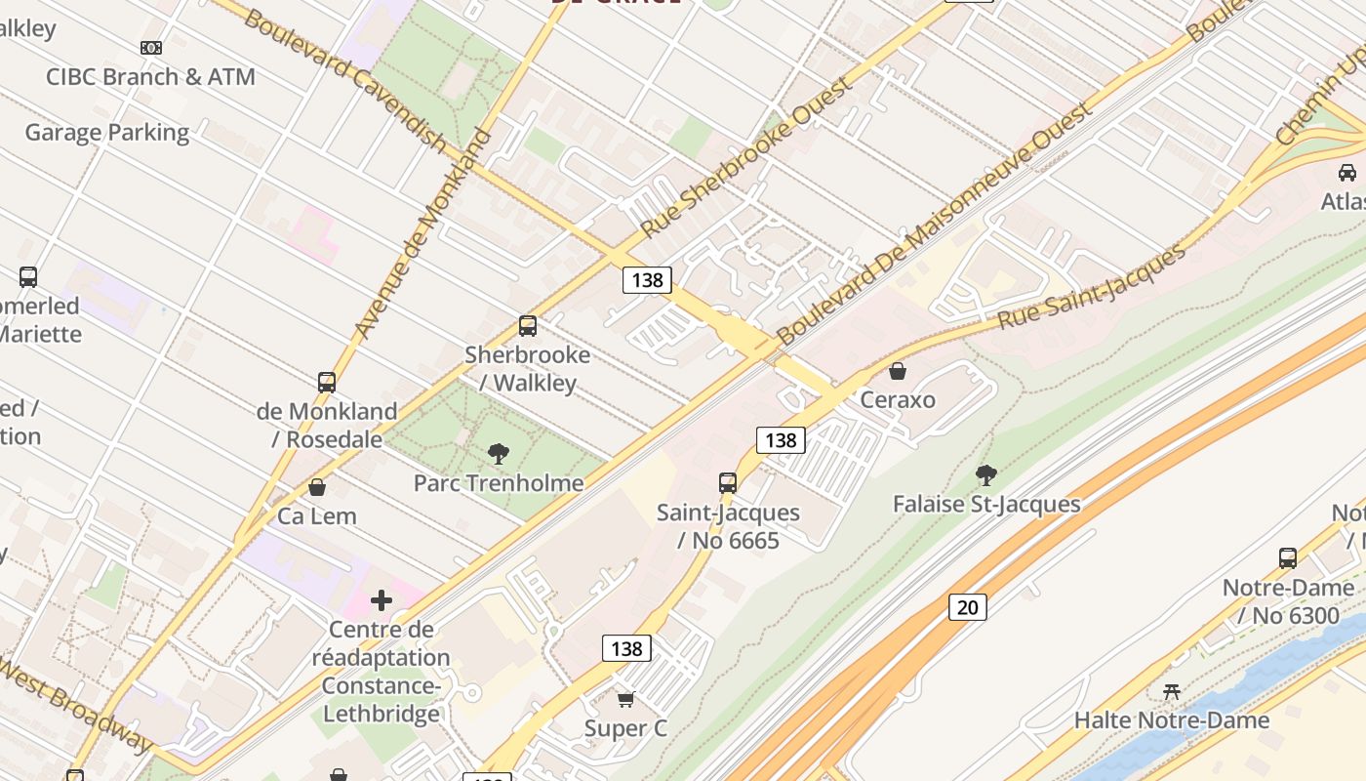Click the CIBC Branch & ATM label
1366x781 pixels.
pos(150,77)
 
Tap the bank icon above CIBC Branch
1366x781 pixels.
pos(151,47)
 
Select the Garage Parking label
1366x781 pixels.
pos(107,132)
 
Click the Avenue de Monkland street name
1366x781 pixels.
pos(422,234)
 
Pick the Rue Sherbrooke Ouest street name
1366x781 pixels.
pos(747,155)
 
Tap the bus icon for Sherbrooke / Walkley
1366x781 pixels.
pos(528,326)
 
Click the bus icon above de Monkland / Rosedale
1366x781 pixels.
pos(327,383)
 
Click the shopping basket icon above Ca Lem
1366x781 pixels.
pos(317,487)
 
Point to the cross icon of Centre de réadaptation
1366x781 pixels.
pos(382,600)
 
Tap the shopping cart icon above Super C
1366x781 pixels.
pos(625,699)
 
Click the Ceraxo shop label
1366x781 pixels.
pos(898,399)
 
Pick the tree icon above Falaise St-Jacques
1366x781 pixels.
pos(986,475)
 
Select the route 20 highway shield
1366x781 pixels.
pos(967,607)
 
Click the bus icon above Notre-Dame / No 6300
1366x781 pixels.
pos(1288,558)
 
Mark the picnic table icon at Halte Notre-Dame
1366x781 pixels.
pos(1172,691)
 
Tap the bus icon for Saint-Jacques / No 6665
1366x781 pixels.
pos(728,482)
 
